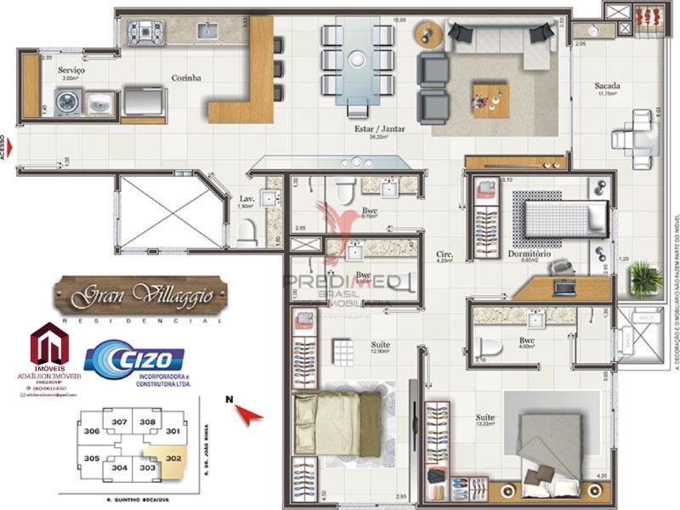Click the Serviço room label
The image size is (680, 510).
(71, 70)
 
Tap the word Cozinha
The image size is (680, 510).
(185, 77)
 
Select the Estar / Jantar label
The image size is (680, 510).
(379, 129)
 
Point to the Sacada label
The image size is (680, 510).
(607, 86)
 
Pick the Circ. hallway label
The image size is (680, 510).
(445, 253)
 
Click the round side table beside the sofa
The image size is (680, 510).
(426, 37)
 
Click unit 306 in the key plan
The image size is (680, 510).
(93, 432)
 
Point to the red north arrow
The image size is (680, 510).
(247, 414)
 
